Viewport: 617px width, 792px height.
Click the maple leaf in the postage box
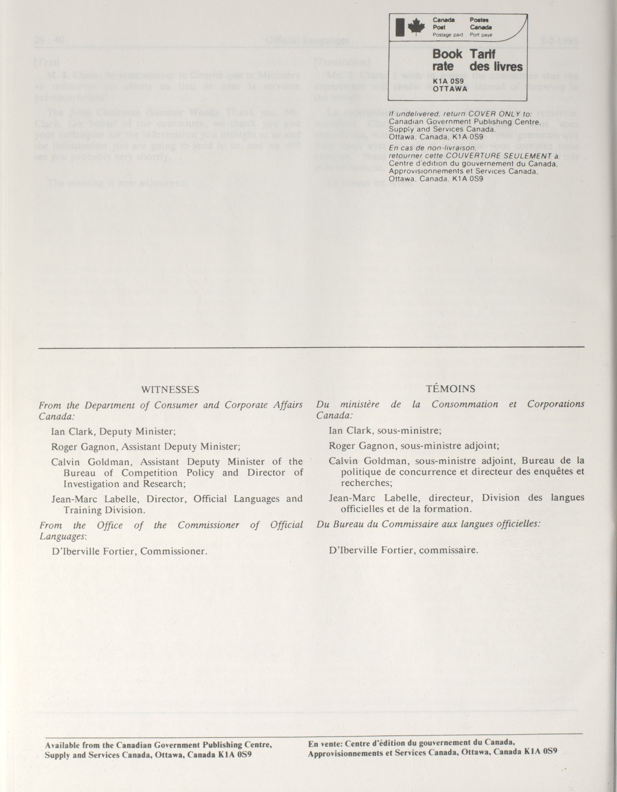(x=416, y=28)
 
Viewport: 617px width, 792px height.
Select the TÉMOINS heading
(x=451, y=389)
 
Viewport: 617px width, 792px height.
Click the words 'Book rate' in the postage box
(x=447, y=60)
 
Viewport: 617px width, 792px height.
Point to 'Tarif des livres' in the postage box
(x=496, y=60)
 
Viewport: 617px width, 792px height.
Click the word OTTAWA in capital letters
(x=450, y=89)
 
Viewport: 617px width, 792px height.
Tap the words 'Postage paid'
(x=448, y=35)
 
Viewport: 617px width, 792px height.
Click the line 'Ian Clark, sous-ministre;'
(x=385, y=430)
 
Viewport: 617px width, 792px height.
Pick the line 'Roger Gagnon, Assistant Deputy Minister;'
(x=145, y=447)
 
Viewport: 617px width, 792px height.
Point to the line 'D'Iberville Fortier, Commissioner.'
(x=129, y=551)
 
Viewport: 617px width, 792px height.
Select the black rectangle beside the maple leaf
(x=400, y=28)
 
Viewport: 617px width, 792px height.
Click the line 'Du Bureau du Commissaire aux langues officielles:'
(x=428, y=524)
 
